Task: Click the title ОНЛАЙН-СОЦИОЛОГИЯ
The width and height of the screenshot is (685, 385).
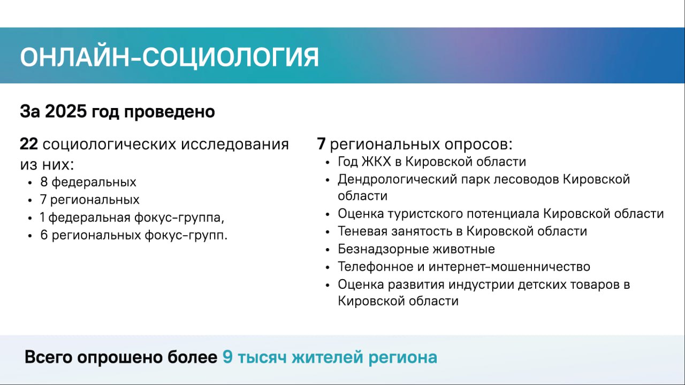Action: click(x=170, y=57)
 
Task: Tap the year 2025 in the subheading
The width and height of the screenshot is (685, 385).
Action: click(x=66, y=111)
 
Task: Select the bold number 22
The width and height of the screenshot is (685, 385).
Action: click(x=29, y=144)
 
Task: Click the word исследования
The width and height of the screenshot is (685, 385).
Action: click(x=234, y=144)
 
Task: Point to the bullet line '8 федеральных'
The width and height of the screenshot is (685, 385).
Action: click(x=88, y=182)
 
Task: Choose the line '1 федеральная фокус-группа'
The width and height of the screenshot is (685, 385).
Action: click(x=132, y=218)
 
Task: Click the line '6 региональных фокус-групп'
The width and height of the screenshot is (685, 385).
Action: click(x=134, y=235)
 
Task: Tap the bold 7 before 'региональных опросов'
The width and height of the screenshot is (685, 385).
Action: click(x=321, y=144)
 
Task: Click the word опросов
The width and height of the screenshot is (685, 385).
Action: click(x=478, y=144)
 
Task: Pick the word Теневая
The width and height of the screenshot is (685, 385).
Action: click(x=363, y=231)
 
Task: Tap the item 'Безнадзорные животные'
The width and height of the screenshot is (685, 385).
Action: click(x=416, y=249)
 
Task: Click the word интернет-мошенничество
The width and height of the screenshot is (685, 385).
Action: click(x=509, y=267)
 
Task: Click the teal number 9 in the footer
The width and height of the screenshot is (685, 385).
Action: click(x=227, y=357)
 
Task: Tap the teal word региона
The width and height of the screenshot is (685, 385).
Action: click(x=403, y=358)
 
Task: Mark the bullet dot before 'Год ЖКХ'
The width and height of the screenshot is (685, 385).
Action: click(x=328, y=163)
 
